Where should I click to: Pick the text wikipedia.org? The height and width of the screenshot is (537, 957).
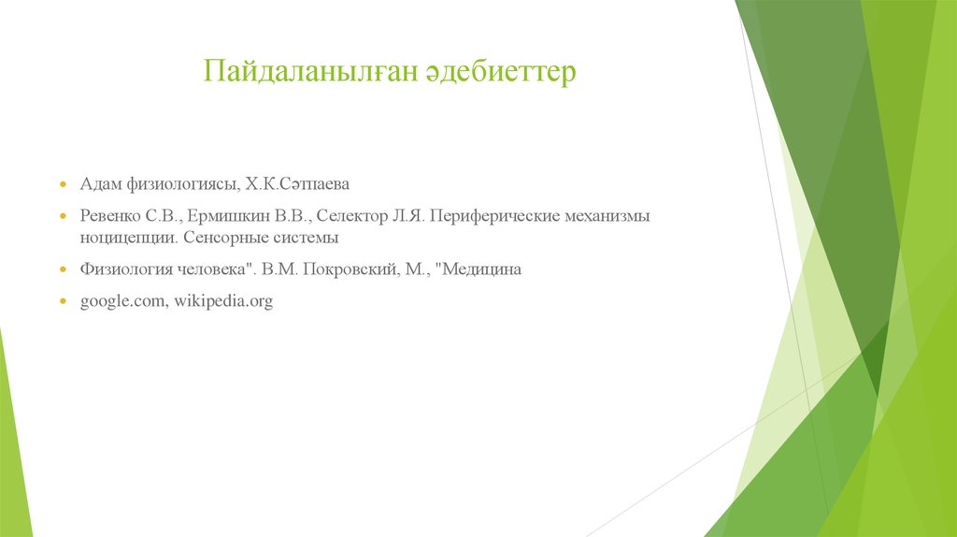[221, 302]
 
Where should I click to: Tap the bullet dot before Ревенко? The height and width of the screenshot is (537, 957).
[63, 217]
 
